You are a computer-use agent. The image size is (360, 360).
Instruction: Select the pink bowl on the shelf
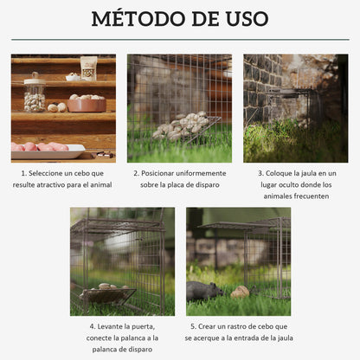[87, 104]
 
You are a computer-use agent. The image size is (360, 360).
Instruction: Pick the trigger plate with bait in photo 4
[107, 294]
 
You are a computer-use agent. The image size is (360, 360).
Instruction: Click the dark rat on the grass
[206, 291]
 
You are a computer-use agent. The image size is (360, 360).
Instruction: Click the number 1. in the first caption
[24, 173]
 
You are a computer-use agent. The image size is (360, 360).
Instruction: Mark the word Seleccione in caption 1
[49, 173]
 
